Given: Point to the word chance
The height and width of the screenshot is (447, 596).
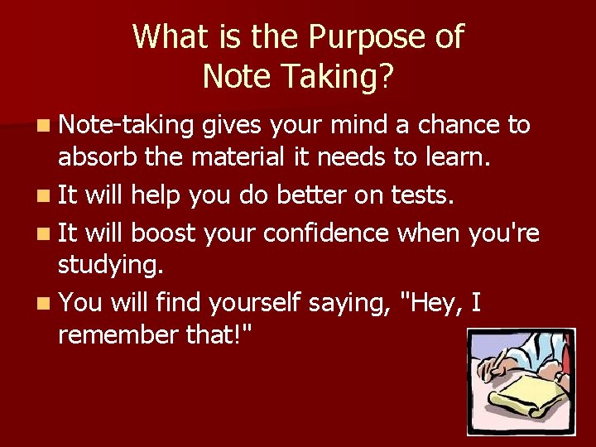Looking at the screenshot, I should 457,125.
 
